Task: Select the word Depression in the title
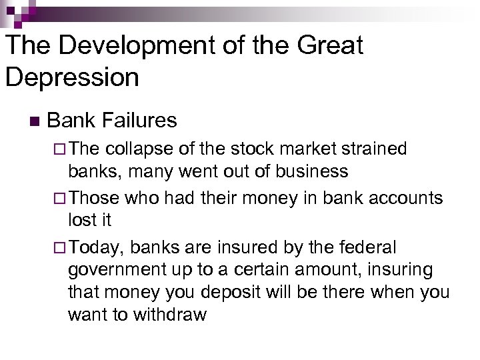[72, 77]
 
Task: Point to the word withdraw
[169, 315]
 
